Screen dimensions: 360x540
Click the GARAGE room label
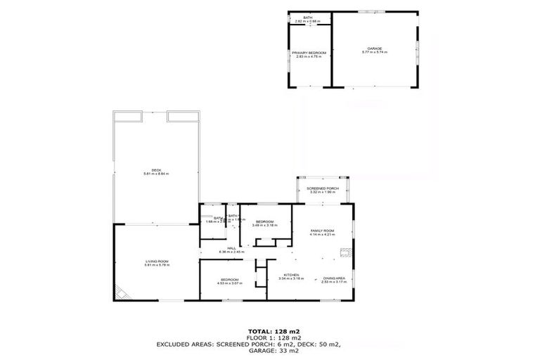373,49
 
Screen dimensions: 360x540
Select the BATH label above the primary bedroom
308,18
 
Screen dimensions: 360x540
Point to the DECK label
156,169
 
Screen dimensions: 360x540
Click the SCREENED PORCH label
323,189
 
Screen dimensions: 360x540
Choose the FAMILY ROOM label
323,231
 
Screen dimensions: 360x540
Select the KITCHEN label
291,274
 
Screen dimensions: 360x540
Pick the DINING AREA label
333,278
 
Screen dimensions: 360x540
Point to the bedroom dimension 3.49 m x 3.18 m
265,225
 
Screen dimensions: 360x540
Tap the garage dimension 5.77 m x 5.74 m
373,53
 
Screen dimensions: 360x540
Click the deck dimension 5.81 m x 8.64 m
156,174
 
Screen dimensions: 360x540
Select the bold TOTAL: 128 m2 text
269,330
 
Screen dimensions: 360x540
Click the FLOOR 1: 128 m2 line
269,337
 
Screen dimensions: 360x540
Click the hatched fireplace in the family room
344,250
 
